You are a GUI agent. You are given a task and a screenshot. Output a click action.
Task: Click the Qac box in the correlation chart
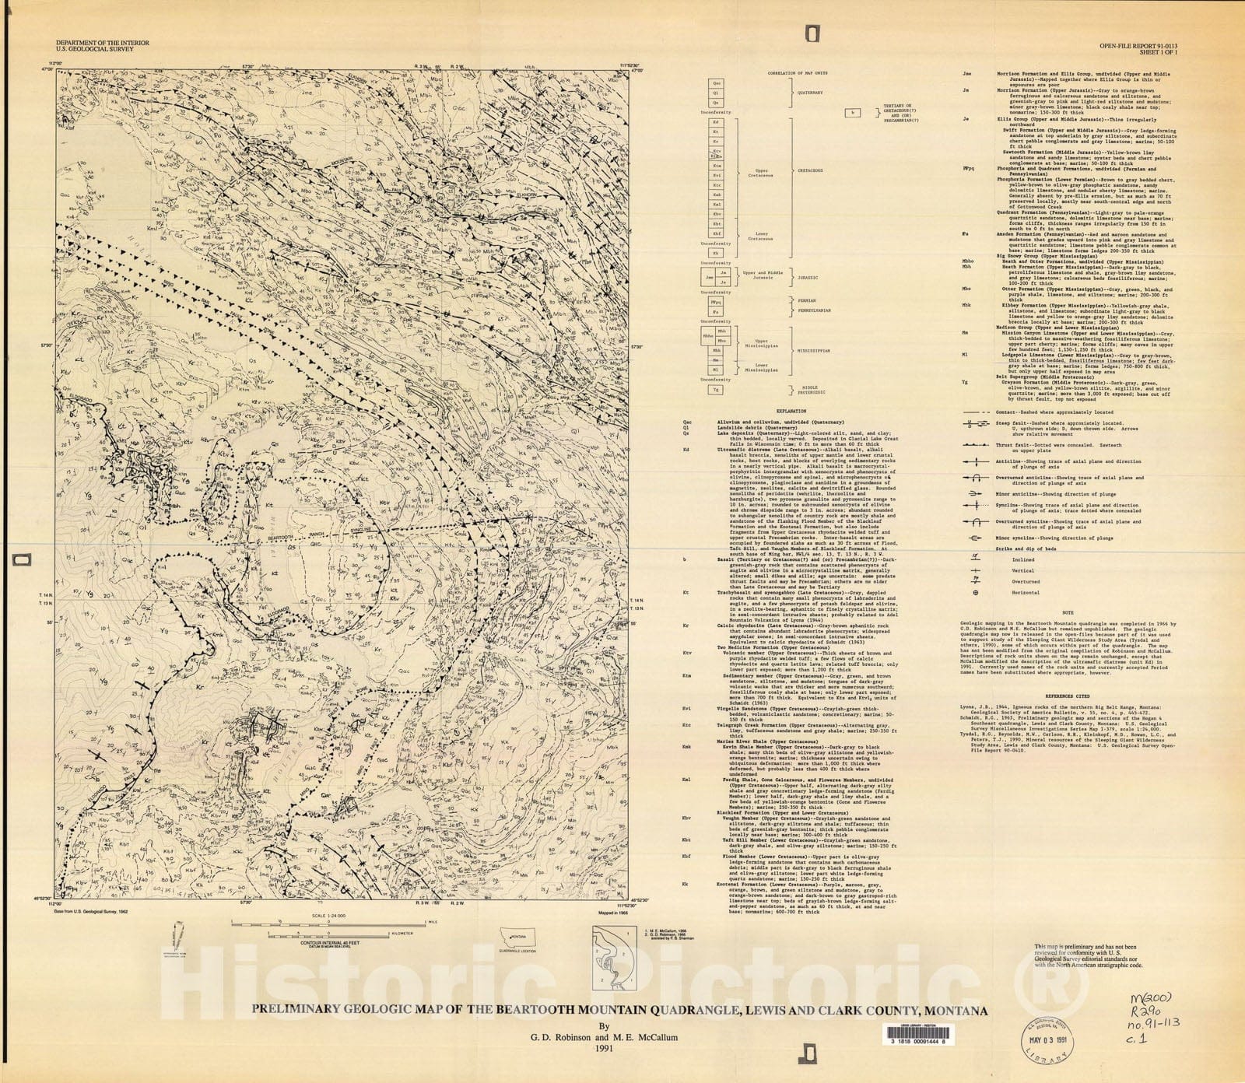point(717,82)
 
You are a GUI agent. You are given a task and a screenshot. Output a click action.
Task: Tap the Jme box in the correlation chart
point(709,276)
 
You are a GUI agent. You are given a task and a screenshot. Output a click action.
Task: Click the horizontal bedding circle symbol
point(976,592)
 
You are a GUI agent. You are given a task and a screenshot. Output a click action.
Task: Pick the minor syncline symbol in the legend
point(976,538)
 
